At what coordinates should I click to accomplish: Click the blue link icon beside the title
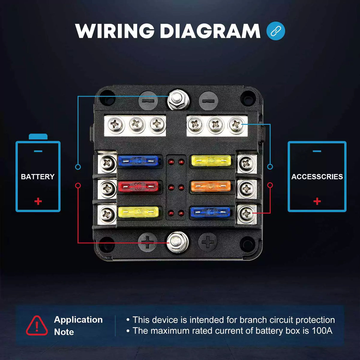275,31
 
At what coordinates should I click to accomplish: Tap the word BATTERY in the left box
38,177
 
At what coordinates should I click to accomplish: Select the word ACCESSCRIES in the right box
317,177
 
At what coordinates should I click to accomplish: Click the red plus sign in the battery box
38,201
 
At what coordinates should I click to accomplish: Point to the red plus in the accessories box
317,201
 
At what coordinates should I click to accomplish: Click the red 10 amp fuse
138,187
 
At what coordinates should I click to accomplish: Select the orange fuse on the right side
211,187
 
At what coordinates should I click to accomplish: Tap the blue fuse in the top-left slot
138,161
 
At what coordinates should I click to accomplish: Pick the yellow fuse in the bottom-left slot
138,212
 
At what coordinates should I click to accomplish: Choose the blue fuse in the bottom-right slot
211,212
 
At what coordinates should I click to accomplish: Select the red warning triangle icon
37,326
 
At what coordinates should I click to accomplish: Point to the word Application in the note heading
78,320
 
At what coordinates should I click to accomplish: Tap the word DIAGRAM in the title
210,31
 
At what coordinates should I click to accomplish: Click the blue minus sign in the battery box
38,151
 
